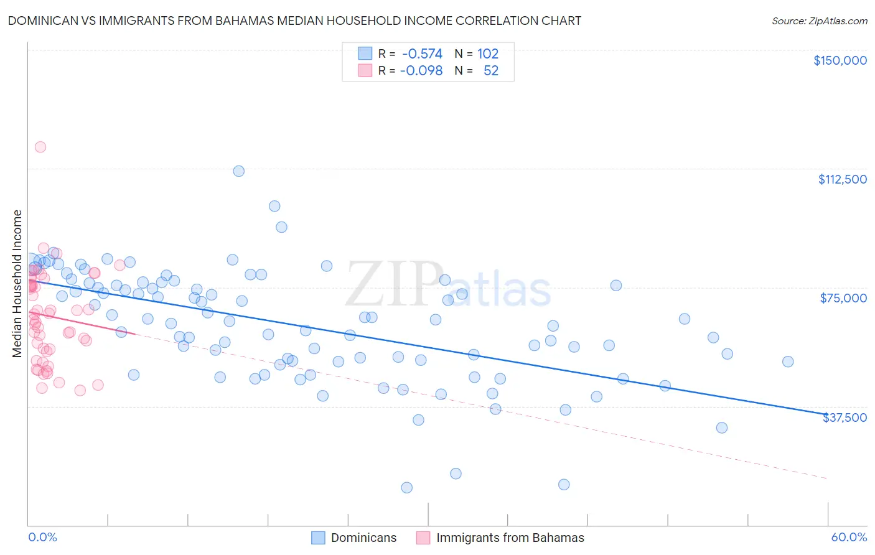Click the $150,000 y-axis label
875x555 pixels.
click(x=840, y=60)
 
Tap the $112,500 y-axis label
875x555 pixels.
click(x=842, y=179)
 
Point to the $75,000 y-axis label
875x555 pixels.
click(x=843, y=298)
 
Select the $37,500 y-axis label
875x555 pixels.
click(x=845, y=417)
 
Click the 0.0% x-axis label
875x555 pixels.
click(x=42, y=537)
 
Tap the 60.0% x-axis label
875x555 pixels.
click(x=849, y=537)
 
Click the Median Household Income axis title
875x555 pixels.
click(x=17, y=284)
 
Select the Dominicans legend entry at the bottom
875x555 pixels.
click(x=363, y=538)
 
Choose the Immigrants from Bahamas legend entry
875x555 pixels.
click(x=510, y=538)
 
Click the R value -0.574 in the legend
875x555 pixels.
click(x=422, y=54)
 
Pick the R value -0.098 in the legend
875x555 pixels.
click(x=421, y=71)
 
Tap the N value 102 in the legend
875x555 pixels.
click(x=488, y=54)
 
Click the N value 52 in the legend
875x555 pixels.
click(x=491, y=71)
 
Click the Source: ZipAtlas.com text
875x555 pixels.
click(x=819, y=21)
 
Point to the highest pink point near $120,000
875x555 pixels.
click(x=40, y=147)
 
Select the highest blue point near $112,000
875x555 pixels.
click(x=238, y=171)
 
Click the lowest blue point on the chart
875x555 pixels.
click(x=406, y=488)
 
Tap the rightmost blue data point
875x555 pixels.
click(x=788, y=361)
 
